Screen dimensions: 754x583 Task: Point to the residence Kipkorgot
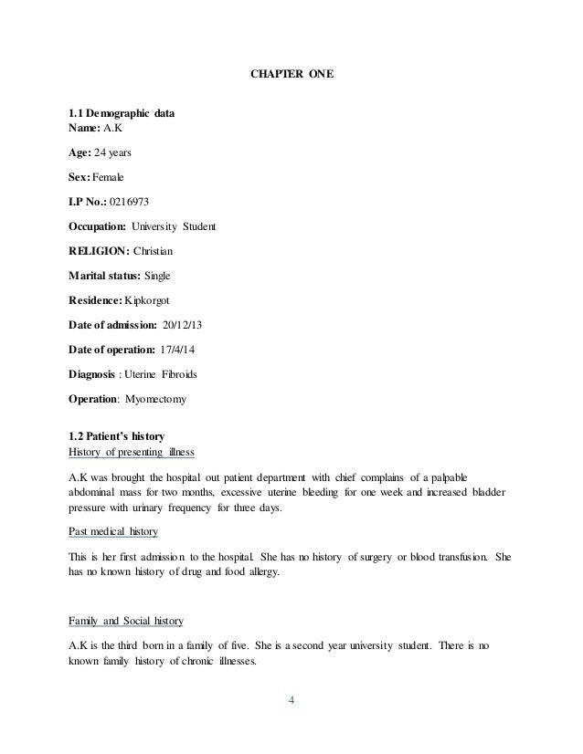[x=152, y=299]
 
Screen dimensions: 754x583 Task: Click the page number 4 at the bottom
[x=291, y=701]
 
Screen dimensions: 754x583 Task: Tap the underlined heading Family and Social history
[x=126, y=621]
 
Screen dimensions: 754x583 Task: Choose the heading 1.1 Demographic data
[x=122, y=114]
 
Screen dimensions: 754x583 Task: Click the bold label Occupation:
[x=101, y=225]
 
